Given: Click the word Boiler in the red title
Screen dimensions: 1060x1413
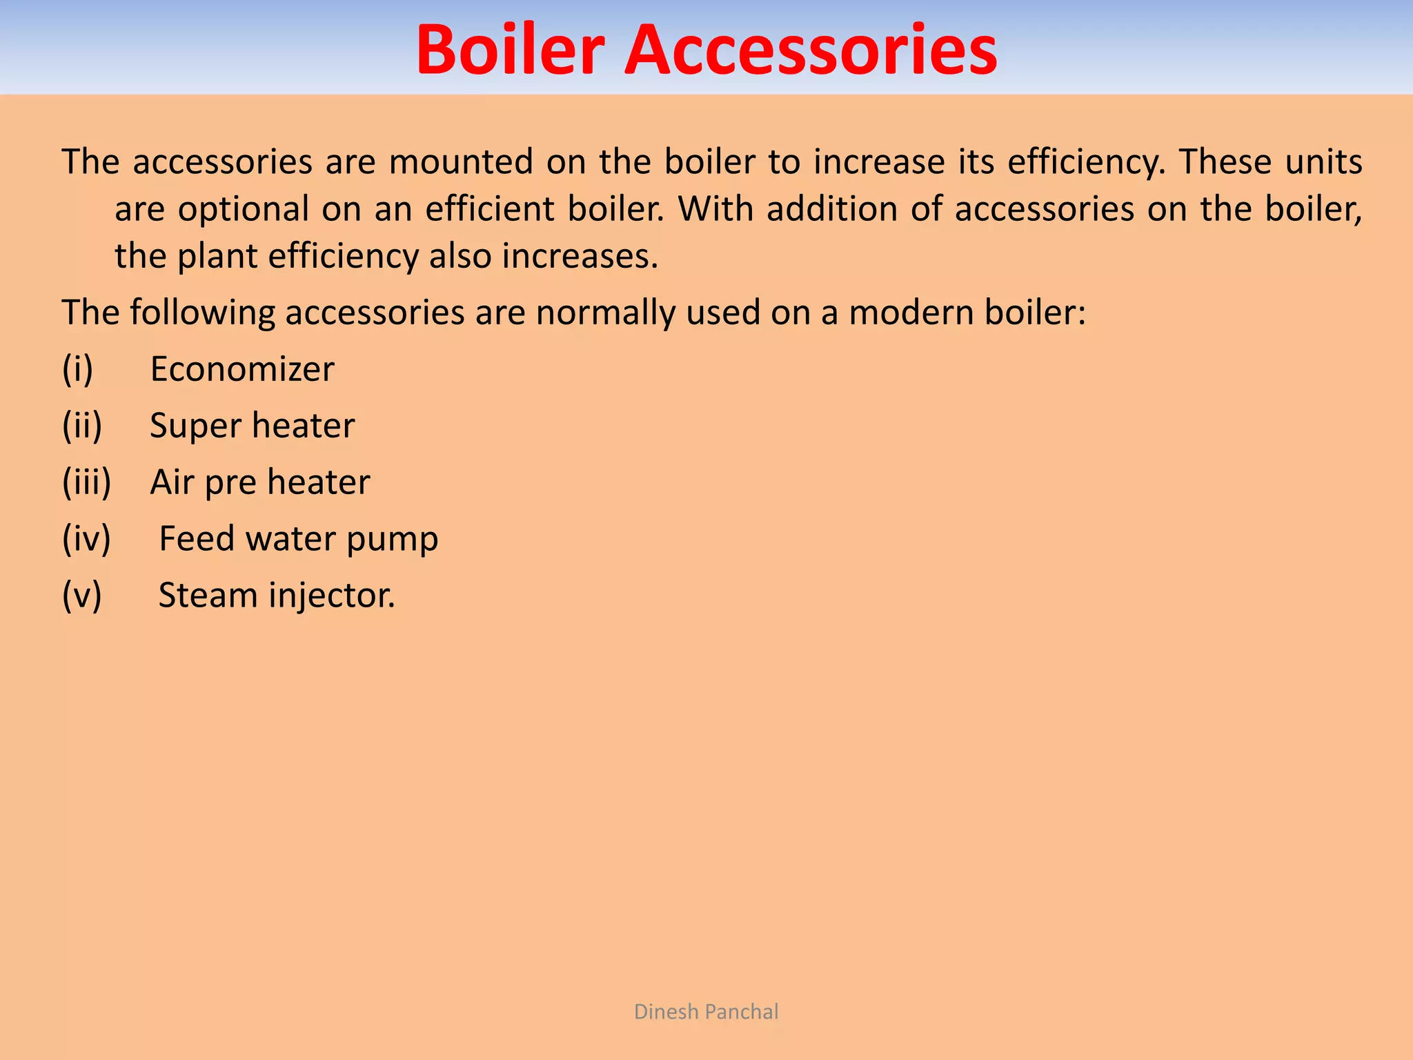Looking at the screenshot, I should [x=510, y=50].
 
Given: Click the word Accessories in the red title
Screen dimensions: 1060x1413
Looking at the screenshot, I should [x=811, y=50].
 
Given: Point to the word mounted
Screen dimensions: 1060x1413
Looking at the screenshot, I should [x=461, y=162].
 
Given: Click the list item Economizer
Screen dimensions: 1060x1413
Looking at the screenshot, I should [x=242, y=369].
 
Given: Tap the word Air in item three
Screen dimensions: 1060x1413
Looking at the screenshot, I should [x=172, y=482].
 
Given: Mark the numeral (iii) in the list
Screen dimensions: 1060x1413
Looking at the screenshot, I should [x=87, y=482].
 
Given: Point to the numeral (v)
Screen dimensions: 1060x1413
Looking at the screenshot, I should [x=82, y=596].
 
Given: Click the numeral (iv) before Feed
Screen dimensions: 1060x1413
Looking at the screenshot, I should [x=86, y=539].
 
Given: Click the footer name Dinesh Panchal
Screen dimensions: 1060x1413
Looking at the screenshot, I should [x=706, y=1012].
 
